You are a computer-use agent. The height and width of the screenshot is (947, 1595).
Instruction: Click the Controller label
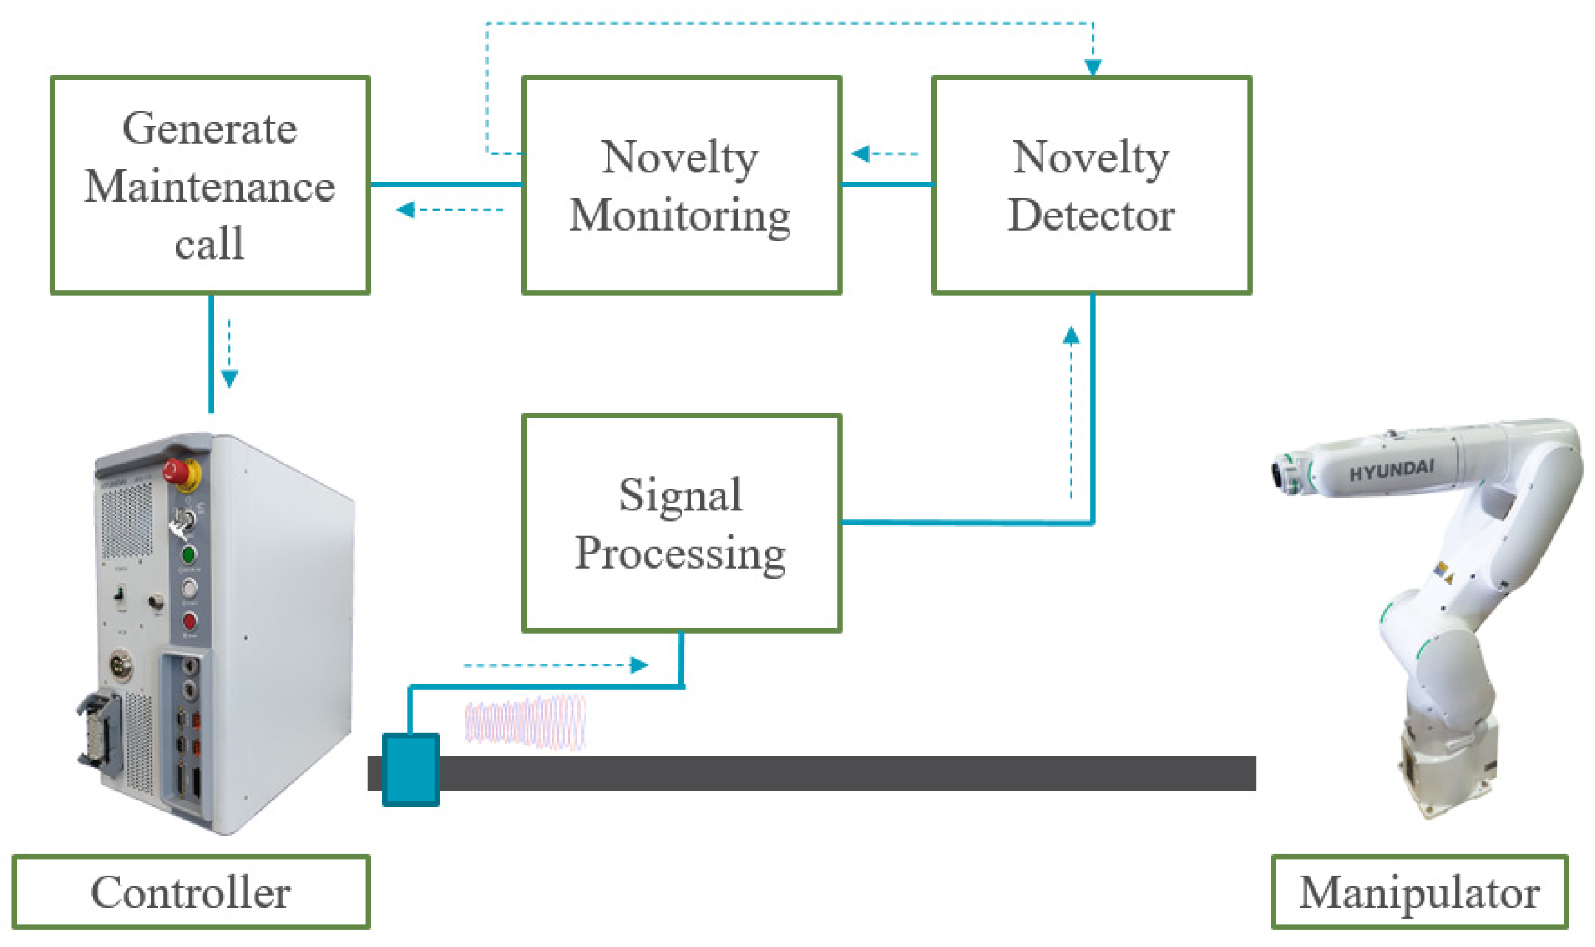point(191,892)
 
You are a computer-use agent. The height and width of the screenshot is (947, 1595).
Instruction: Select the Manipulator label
point(1419,892)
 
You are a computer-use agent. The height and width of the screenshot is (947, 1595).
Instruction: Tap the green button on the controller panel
point(188,554)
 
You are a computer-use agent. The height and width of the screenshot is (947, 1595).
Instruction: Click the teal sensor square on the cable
point(411,769)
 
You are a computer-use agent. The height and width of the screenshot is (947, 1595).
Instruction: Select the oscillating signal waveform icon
point(525,721)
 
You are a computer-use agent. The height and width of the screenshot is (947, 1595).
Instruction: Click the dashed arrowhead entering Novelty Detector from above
point(1092,66)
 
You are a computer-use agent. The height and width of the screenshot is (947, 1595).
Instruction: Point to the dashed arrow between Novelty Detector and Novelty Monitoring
point(885,154)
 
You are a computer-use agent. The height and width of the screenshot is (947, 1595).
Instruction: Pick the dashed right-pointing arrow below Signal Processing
point(555,665)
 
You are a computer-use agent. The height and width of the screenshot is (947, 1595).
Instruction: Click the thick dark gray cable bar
point(830,773)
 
